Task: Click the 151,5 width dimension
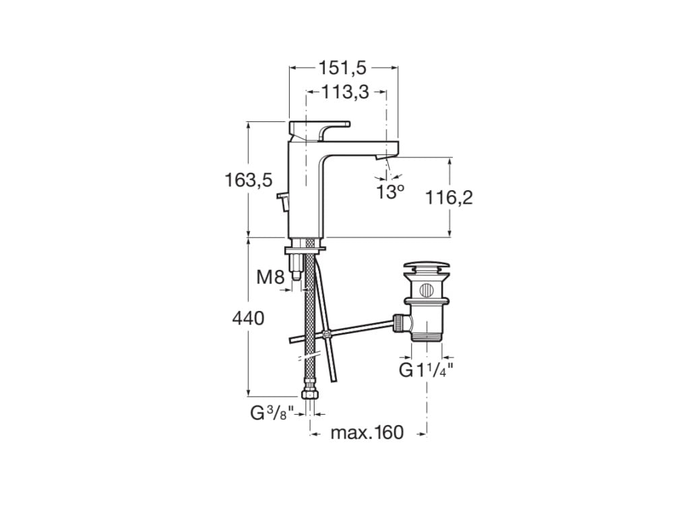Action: click(343, 67)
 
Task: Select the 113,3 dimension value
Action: click(346, 92)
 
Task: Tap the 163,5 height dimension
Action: click(248, 179)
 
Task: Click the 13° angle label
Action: click(390, 192)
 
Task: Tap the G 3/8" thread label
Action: click(268, 413)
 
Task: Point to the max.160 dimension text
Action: click(367, 432)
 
